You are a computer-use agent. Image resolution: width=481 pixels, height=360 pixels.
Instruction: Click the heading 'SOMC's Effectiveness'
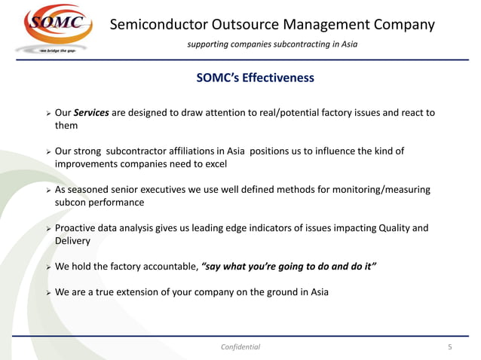pyautogui.click(x=255, y=78)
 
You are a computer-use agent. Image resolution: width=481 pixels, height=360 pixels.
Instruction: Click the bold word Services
pyautogui.click(x=93, y=113)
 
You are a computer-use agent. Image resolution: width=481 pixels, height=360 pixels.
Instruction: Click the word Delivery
pyautogui.click(x=72, y=241)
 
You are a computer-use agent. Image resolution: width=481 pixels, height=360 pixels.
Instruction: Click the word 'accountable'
pyautogui.click(x=170, y=267)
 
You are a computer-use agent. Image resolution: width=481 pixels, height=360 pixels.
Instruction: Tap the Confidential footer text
pyautogui.click(x=240, y=347)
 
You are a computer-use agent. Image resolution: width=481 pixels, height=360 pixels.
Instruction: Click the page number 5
pyautogui.click(x=450, y=347)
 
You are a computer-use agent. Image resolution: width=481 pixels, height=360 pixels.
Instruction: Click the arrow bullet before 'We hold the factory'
pyautogui.click(x=47, y=267)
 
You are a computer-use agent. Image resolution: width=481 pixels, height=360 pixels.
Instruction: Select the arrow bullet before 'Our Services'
pyautogui.click(x=47, y=114)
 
